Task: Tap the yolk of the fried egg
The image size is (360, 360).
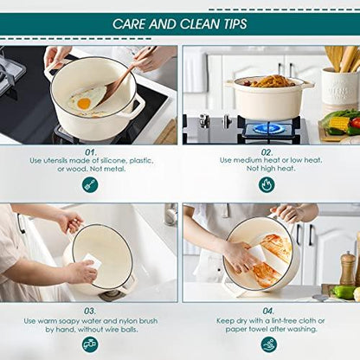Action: tap(84, 103)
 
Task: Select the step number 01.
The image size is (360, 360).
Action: tap(91, 152)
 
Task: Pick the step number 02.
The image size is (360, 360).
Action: tap(267, 152)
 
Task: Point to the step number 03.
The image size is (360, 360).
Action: tap(90, 312)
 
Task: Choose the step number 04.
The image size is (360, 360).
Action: tap(268, 311)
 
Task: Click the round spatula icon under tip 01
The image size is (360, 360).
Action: tap(90, 185)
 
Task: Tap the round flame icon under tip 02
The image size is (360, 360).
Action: tap(267, 185)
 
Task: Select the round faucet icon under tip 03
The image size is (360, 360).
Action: tap(90, 344)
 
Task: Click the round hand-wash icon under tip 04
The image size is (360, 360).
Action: tap(269, 344)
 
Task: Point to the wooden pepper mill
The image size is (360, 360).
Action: tap(347, 268)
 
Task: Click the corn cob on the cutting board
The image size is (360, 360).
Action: tap(339, 124)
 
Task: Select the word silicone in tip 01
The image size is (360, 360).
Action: tap(112, 161)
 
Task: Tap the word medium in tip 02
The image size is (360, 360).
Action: tap(246, 160)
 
